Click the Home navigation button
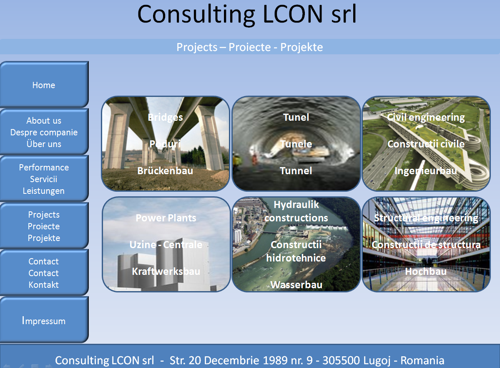tap(44, 85)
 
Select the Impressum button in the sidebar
tap(44, 320)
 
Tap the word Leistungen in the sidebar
tap(44, 191)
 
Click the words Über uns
tap(44, 144)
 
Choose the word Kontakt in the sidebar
tap(44, 284)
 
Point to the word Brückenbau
tap(165, 170)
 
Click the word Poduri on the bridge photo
tap(165, 144)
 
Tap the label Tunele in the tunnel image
tap(296, 144)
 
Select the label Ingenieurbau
tap(426, 171)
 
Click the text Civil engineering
tap(426, 117)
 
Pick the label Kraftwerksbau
tap(166, 271)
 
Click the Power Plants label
tap(166, 218)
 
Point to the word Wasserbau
tap(296, 284)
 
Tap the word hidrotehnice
tap(296, 258)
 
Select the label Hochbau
tap(426, 271)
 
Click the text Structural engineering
tap(426, 218)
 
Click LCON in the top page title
tap(293, 14)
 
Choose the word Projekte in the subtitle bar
tap(302, 47)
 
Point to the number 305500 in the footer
tap(341, 360)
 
